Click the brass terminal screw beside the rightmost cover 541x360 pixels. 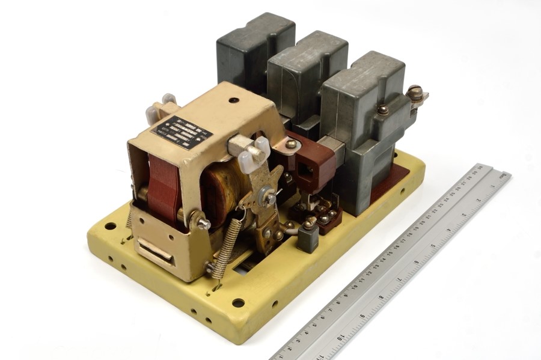tap(415, 93)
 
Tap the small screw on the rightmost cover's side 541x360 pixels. tap(382, 110)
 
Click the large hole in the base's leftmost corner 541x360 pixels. tap(110, 226)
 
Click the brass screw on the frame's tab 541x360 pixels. tap(290, 144)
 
